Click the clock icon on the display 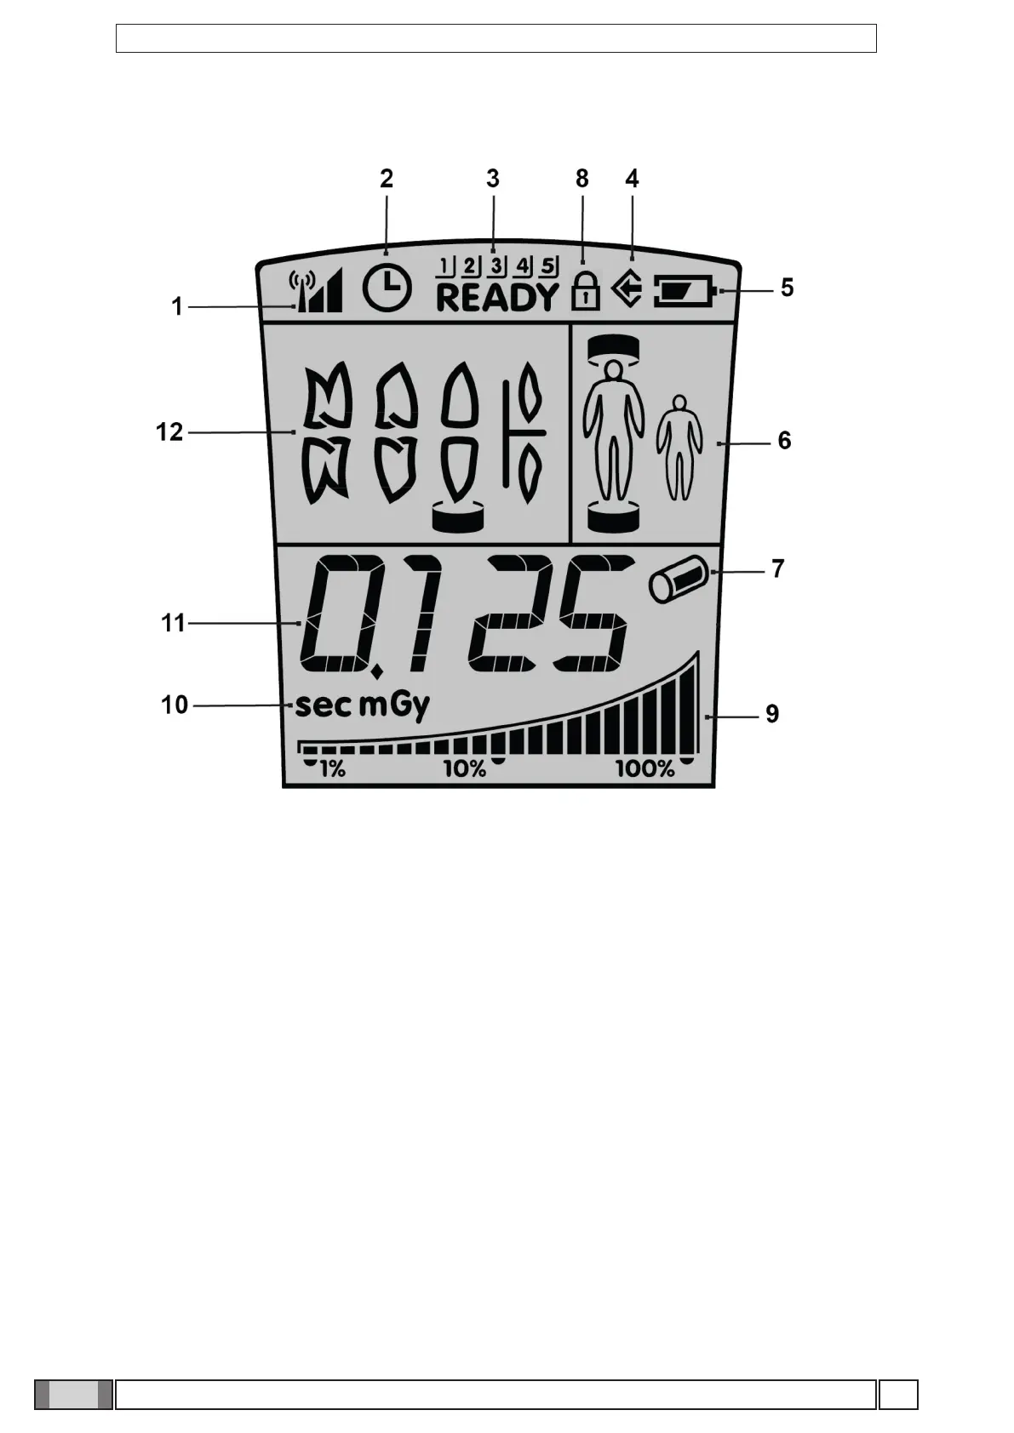point(387,288)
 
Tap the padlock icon point(585,290)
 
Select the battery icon point(686,294)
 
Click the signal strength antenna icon point(316,291)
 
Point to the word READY point(497,298)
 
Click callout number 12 point(169,432)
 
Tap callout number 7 point(777,568)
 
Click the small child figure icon point(679,446)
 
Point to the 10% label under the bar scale point(464,769)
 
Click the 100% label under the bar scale point(645,769)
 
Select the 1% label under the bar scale point(332,769)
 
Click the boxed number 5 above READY point(548,265)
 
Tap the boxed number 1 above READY point(445,265)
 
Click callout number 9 point(772,713)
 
